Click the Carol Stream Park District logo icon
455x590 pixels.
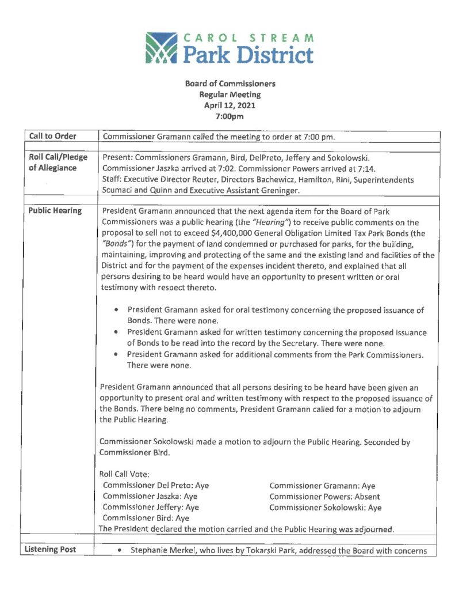(x=162, y=48)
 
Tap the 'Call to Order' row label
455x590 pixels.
(x=52, y=137)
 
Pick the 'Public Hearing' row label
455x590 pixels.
(x=55, y=211)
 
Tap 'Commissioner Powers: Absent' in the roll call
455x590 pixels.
(x=324, y=497)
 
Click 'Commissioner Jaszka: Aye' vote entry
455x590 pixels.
(x=150, y=497)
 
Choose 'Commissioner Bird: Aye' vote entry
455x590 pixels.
(x=146, y=518)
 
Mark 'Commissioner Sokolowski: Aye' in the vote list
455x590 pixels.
(x=325, y=508)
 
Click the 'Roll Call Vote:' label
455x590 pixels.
(x=125, y=474)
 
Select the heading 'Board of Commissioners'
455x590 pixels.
(x=230, y=84)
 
